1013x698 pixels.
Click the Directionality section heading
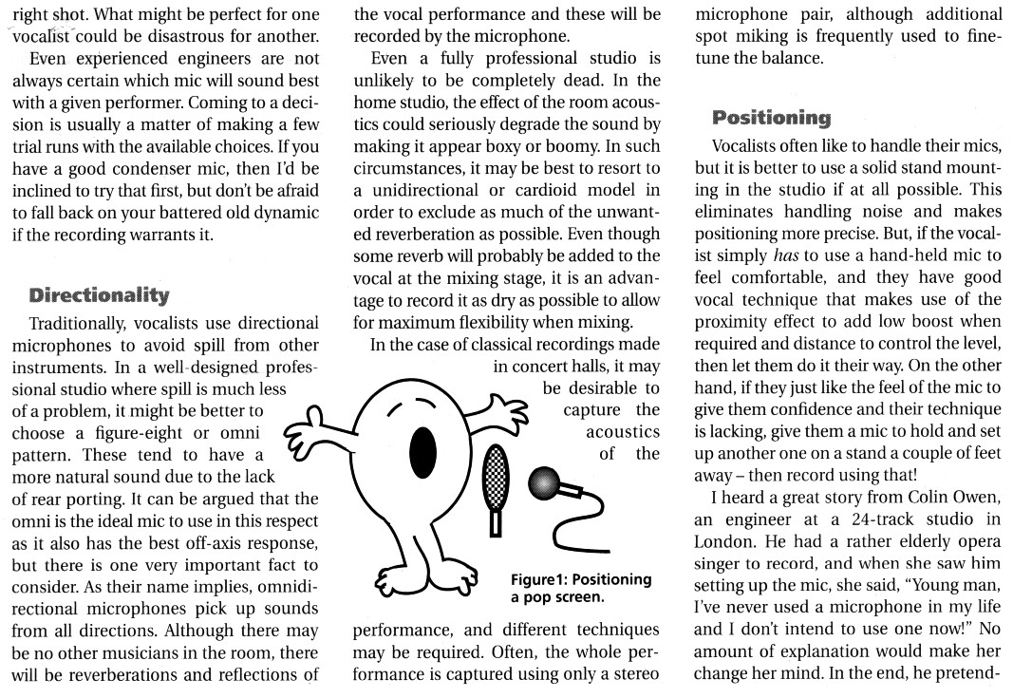tap(100, 295)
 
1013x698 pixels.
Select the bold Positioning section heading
tap(771, 118)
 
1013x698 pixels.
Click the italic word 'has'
tap(780, 256)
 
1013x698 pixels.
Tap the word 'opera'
tap(975, 540)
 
